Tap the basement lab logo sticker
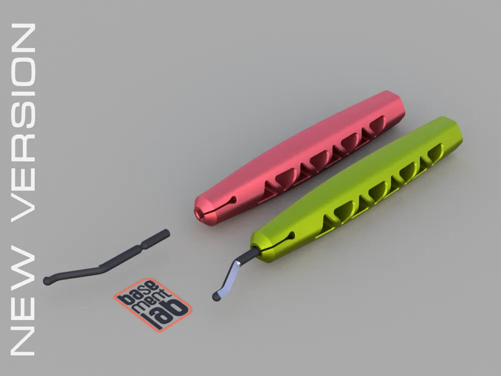152,304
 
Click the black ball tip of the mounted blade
216,296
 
